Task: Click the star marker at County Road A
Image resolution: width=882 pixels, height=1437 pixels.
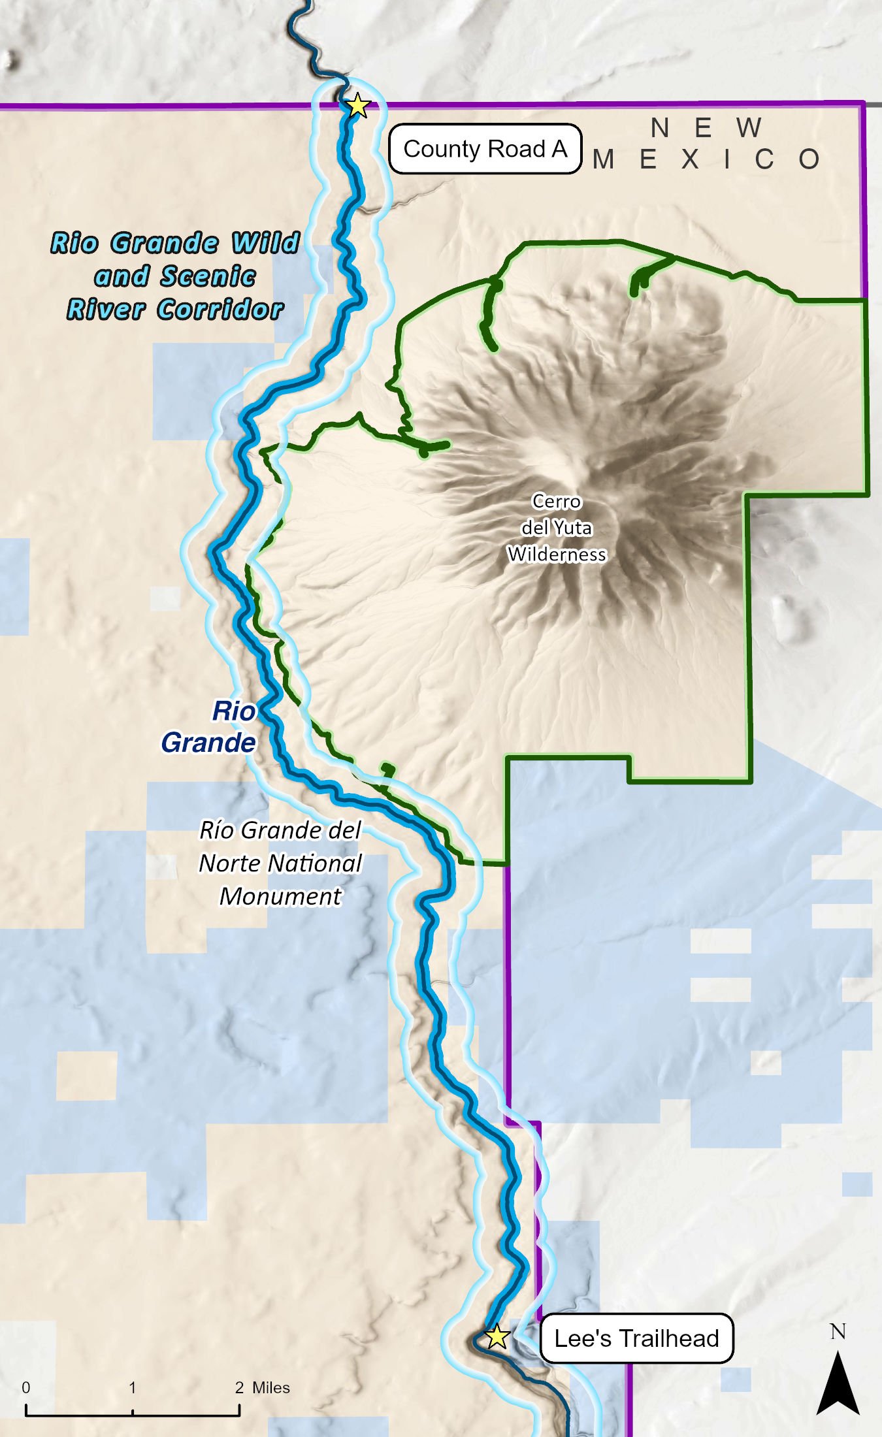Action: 357,105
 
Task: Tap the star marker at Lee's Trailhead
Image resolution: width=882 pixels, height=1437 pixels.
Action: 497,1336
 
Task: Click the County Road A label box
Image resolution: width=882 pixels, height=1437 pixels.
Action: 485,149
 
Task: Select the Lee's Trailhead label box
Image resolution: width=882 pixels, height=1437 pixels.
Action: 636,1338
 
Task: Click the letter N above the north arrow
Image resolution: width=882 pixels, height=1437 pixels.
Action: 838,1332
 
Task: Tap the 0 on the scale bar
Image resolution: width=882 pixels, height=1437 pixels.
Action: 26,1387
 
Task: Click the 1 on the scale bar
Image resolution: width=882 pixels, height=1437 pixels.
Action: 133,1387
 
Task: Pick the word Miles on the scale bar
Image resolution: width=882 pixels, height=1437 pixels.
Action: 271,1387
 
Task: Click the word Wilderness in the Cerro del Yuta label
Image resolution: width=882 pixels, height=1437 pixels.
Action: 557,555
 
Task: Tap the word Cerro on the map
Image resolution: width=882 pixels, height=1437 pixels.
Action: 556,501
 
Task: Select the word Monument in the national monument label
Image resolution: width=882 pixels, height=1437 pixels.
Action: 280,896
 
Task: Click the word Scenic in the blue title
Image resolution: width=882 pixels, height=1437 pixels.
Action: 208,276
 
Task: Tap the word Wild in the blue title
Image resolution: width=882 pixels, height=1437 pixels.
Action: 265,242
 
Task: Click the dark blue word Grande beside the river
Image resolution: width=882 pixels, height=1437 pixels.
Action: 208,743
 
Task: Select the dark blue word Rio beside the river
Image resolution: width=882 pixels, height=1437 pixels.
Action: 233,711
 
